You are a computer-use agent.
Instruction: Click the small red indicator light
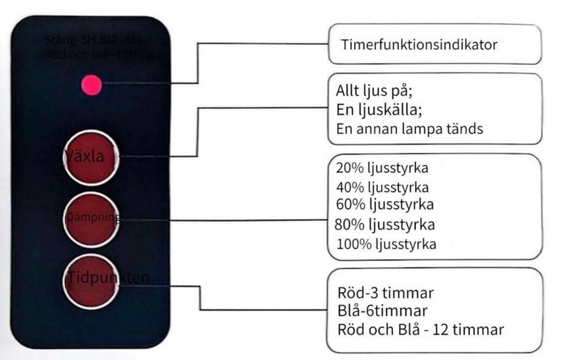click(x=92, y=86)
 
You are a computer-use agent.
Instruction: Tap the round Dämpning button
click(x=91, y=220)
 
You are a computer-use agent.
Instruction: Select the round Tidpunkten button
click(x=91, y=282)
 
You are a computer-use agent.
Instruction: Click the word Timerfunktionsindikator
click(x=419, y=44)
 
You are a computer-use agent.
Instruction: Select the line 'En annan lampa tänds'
click(x=410, y=129)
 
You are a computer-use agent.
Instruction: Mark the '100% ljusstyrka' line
click(x=386, y=243)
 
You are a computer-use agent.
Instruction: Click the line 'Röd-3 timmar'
click(x=385, y=292)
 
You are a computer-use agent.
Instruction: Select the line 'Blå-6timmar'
click(x=382, y=310)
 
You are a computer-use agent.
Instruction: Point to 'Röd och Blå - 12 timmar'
click(x=420, y=329)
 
